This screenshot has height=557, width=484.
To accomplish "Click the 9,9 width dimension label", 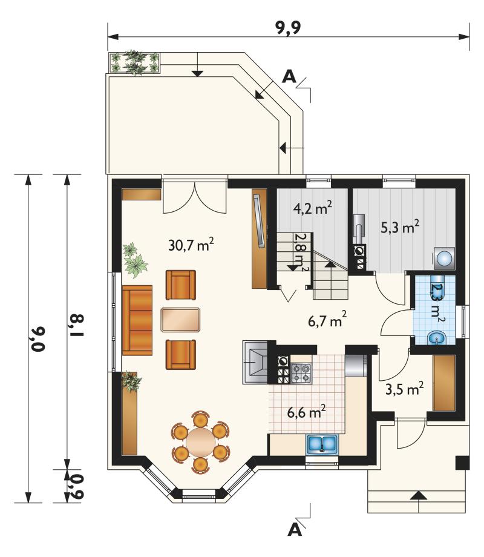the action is pyautogui.click(x=289, y=28).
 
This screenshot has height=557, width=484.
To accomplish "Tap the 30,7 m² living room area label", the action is pyautogui.click(x=191, y=245).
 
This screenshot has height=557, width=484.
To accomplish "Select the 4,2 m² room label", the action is pyautogui.click(x=313, y=208).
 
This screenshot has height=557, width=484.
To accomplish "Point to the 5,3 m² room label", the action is pyautogui.click(x=400, y=227).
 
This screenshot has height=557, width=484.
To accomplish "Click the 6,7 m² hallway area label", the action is pyautogui.click(x=327, y=320).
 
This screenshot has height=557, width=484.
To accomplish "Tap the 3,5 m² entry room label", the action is pyautogui.click(x=405, y=389).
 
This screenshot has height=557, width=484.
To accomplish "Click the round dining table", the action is pyautogui.click(x=201, y=441).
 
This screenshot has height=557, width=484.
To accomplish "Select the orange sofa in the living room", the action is pyautogui.click(x=137, y=320).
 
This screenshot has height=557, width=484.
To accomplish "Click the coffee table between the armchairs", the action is pyautogui.click(x=181, y=320).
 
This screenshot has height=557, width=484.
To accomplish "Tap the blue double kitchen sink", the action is pyautogui.click(x=322, y=444).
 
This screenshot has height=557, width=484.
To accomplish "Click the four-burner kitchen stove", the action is pyautogui.click(x=301, y=374).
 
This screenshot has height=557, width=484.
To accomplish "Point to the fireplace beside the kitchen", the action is pyautogui.click(x=255, y=362).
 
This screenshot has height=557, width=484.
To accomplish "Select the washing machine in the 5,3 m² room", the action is pyautogui.click(x=444, y=257).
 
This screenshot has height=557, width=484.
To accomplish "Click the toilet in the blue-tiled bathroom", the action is pyautogui.click(x=436, y=338).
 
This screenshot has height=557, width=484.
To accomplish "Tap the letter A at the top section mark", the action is pyautogui.click(x=289, y=76).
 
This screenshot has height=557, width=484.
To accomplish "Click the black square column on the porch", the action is pyautogui.click(x=462, y=463).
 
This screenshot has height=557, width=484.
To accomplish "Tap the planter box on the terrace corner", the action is pyautogui.click(x=134, y=63).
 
